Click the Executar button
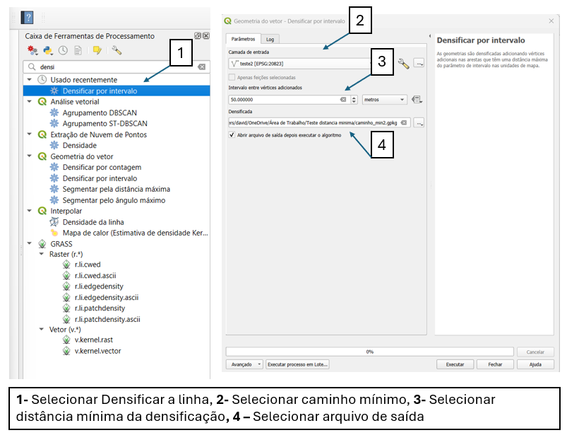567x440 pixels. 455,364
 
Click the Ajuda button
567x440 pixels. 535,364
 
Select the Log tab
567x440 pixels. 270,39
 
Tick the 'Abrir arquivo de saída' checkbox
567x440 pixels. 233,134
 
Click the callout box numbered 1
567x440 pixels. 181,52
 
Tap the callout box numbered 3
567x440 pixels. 381,61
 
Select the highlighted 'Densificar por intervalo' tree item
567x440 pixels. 100,91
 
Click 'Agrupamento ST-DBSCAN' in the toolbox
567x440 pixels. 105,123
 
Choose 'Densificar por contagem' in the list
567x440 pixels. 102,167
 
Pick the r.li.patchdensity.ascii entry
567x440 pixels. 107,319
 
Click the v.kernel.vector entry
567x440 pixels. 97,351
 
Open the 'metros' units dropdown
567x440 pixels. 384,100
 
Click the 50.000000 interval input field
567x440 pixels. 282,100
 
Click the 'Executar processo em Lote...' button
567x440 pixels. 297,364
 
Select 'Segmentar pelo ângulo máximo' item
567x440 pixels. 114,200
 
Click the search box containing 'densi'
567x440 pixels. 113,66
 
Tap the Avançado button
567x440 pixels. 244,364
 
